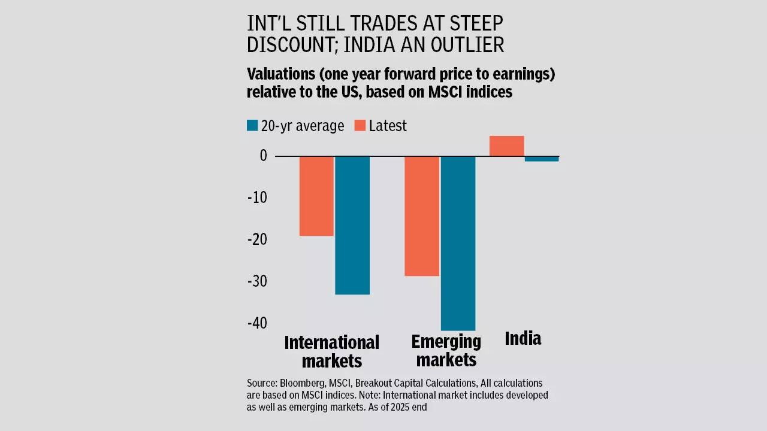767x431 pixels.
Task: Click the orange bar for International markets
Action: coord(316,196)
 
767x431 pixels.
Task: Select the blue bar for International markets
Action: coord(352,225)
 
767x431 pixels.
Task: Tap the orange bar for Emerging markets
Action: coord(422,215)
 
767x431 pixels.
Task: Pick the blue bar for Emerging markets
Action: coord(458,243)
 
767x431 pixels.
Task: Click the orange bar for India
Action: coord(506,146)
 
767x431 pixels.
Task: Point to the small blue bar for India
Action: coord(542,159)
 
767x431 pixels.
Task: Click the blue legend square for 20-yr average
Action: coord(252,126)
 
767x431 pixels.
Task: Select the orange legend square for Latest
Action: coord(360,126)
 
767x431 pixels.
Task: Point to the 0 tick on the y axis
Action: coord(263,156)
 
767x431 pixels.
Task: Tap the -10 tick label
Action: coord(257,198)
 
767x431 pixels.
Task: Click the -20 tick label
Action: coord(257,239)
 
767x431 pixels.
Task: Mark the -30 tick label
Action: coord(257,281)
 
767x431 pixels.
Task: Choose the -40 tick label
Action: coord(257,323)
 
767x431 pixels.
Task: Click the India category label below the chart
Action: coord(523,339)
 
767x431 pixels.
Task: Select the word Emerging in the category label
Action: coord(446,342)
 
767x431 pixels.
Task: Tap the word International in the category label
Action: coord(331,342)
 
